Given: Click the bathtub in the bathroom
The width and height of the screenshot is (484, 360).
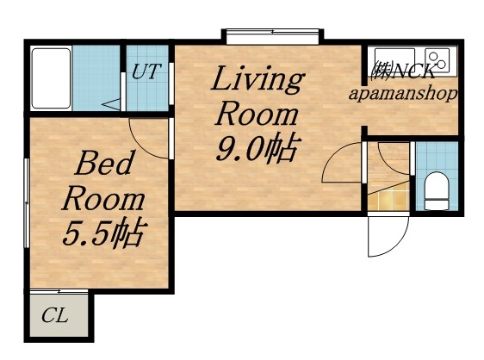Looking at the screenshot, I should point(51,78).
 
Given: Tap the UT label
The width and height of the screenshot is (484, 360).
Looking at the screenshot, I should point(146,72).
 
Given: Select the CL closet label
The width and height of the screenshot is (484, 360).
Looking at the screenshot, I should point(54,316).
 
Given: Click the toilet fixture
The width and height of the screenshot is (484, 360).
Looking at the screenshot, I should point(437,189).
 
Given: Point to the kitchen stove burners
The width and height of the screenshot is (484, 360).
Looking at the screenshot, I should point(437,59).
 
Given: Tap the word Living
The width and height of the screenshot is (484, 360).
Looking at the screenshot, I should point(257,81).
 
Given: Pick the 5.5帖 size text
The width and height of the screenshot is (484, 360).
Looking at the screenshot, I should point(102,233).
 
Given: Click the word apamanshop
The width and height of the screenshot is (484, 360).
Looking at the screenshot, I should point(403,93).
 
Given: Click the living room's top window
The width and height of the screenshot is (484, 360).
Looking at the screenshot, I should point(273,35).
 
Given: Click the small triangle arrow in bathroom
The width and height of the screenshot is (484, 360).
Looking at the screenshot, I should point(111,105).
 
